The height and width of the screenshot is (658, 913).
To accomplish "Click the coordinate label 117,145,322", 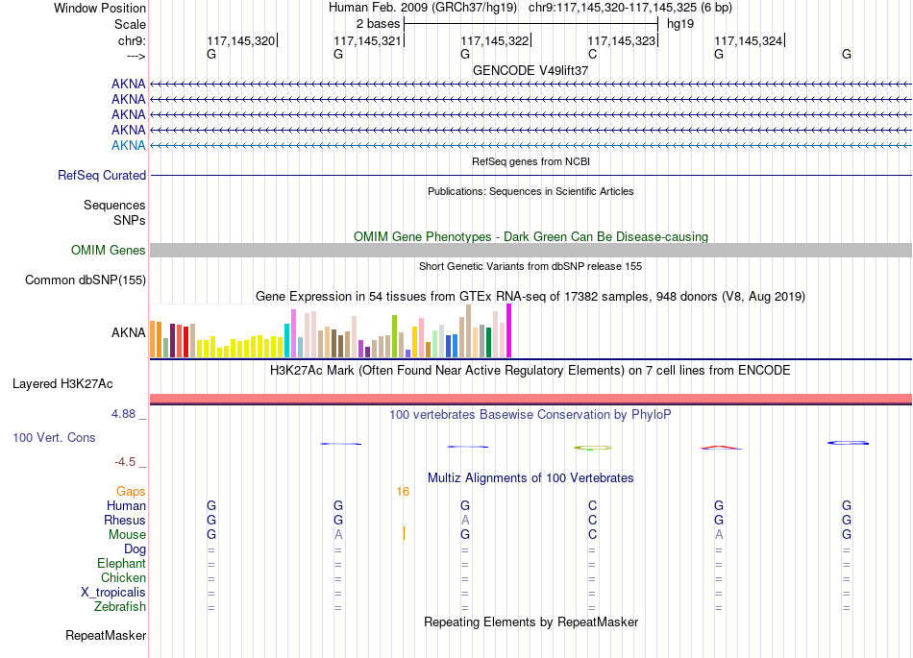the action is coord(494,40).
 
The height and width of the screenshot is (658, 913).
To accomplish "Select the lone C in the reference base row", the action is coord(592,54).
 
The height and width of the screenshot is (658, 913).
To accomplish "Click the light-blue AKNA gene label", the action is coord(128,145).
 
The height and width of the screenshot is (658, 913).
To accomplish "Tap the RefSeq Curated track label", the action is coord(102,175).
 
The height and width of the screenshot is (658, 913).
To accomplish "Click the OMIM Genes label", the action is coord(109,250).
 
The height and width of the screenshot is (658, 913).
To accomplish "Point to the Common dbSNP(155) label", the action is coord(86,280).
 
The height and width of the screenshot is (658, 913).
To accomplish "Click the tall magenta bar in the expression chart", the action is coord(509,330).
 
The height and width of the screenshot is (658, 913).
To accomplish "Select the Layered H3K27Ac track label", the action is coord(62,384).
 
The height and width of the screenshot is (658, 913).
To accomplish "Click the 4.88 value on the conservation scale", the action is coord(123,414).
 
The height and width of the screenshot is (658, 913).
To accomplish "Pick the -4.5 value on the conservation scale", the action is coord(125,462).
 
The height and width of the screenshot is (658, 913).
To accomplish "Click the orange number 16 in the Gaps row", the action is coord(403,492).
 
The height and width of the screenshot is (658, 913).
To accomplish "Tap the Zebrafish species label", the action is coord(120,607).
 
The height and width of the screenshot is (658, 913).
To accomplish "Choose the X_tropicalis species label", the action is coord(113,593).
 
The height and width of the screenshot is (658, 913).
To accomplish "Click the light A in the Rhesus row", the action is coord(465,520).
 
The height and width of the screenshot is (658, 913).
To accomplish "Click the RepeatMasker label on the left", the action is coord(106,635).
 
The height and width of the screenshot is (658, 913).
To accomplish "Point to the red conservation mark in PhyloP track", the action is coord(720,448).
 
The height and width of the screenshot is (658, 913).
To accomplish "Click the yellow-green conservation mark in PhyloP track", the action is coord(593,448).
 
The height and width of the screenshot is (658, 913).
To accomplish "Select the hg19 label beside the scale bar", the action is coord(680,24).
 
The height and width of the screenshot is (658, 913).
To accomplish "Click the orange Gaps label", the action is coord(131,492).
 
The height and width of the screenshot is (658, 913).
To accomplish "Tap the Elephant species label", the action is coord(122,563).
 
